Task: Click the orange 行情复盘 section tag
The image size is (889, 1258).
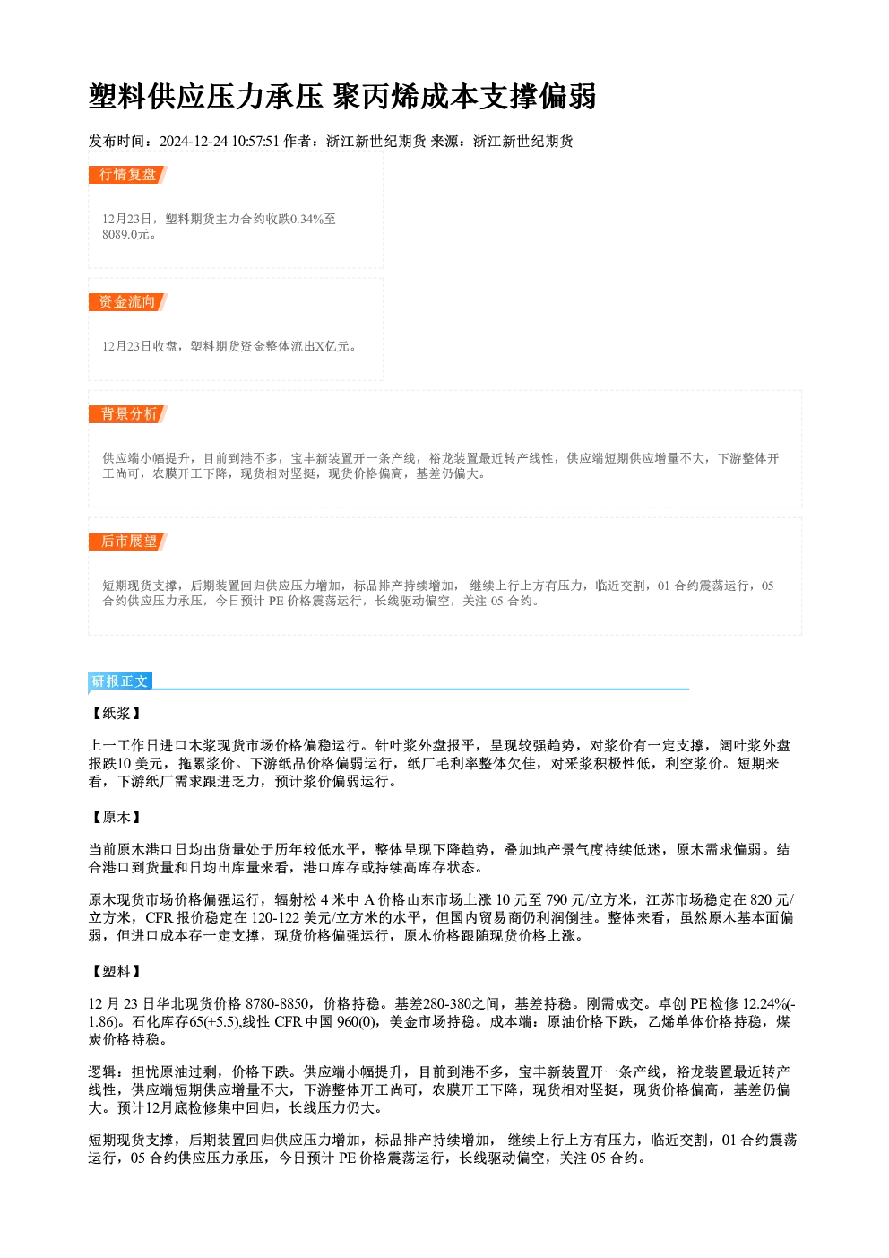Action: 127,175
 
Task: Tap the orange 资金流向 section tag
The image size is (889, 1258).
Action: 127,302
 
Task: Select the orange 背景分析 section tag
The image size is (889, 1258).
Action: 127,414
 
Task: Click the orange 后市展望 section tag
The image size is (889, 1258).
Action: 127,542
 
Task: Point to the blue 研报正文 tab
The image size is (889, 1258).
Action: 120,681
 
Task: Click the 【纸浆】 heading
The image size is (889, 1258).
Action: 117,714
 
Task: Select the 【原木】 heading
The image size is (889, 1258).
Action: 117,817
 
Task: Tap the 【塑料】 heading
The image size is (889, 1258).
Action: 117,972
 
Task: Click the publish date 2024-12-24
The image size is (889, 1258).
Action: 194,141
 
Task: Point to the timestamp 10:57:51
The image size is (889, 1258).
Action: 255,141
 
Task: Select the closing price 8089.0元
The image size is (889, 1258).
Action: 125,234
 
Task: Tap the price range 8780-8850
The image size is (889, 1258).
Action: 277,1003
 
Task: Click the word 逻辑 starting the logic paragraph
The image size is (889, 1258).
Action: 102,1072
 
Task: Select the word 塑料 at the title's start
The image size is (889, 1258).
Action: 118,97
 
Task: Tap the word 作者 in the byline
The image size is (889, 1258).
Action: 298,141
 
